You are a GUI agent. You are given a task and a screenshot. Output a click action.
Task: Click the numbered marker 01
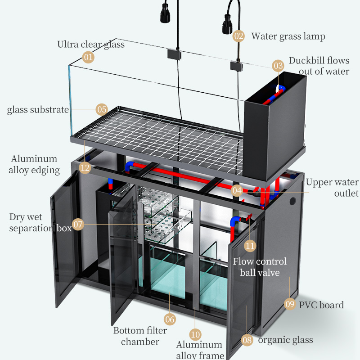[89, 57]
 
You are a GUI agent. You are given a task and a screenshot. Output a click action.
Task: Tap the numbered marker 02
[238, 36]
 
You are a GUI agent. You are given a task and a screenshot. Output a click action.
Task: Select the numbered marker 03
[278, 66]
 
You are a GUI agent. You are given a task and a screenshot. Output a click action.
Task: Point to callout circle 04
[237, 190]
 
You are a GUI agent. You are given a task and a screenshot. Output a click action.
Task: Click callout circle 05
[102, 109]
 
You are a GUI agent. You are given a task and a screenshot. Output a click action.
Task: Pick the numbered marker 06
[170, 319]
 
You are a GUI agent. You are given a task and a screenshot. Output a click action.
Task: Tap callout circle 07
[78, 224]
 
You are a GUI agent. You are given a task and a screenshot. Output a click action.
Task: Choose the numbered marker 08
[247, 340]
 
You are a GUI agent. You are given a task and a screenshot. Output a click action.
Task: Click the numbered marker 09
[290, 304]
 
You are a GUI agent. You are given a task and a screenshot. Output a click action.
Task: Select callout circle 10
[195, 334]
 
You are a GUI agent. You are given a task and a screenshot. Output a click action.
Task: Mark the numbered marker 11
[250, 246]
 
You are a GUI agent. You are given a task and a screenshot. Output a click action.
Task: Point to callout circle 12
[85, 168]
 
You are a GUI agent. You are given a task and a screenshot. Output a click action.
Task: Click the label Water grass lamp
[288, 36]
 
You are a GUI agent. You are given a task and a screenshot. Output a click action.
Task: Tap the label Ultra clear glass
[91, 44]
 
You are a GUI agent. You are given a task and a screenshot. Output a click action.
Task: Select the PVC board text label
[321, 305]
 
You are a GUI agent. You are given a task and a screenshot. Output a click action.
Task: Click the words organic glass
[285, 340]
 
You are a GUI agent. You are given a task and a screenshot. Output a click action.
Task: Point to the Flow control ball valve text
[260, 267]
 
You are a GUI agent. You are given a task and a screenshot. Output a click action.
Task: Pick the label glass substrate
[38, 109]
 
